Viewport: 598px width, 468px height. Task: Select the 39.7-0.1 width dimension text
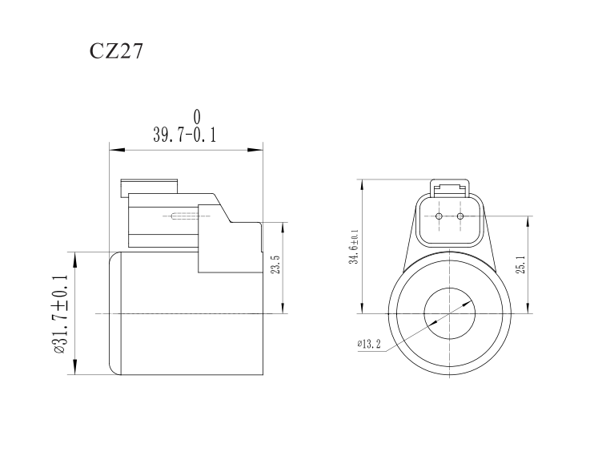185,135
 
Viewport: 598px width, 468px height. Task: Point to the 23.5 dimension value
275,266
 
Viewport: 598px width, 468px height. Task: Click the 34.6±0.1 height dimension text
353,248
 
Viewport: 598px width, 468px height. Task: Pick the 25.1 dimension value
521,265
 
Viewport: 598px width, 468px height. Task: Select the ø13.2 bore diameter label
369,345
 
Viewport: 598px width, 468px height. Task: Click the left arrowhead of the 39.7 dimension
114,149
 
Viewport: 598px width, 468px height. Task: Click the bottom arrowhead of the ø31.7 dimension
74,370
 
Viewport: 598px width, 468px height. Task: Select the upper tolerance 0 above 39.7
197,118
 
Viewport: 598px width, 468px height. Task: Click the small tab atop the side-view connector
150,186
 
